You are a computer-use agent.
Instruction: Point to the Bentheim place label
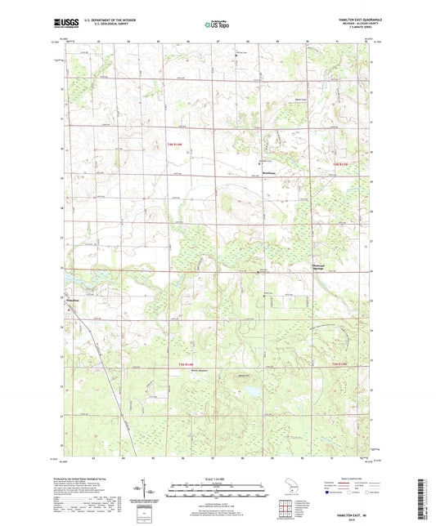pyautogui.click(x=267, y=173)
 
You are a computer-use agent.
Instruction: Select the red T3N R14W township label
pyautogui.click(x=187, y=364)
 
